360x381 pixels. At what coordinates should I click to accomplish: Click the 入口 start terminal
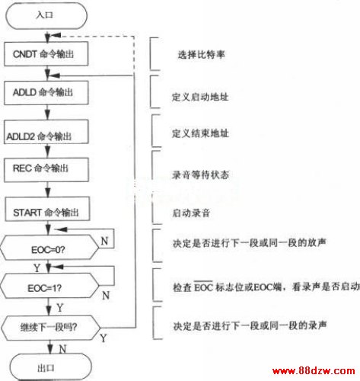point(46,16)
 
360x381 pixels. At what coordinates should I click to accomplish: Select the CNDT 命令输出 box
point(46,54)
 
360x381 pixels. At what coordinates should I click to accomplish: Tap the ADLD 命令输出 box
point(46,93)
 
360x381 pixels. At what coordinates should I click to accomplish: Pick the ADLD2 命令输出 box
point(46,132)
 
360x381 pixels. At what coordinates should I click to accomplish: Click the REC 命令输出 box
point(46,170)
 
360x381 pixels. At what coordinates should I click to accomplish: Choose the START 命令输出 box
point(47,209)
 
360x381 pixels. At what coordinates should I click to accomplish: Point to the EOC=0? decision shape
point(49,247)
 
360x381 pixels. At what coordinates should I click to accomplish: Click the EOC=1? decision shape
point(49,286)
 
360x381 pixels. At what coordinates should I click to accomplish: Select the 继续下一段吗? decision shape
point(50,328)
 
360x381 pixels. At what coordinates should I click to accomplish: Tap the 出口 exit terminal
point(50,367)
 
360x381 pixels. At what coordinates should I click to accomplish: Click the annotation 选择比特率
point(201,55)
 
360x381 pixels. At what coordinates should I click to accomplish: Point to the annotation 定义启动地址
point(200,97)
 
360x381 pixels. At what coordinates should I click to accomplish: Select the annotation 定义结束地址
point(200,133)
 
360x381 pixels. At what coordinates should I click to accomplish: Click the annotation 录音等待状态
point(200,174)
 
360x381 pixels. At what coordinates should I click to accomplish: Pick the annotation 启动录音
point(191,213)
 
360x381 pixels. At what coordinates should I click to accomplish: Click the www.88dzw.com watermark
point(314,371)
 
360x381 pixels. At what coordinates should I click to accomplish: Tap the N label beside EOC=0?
point(104,241)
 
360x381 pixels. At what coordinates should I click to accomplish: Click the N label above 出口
point(62,349)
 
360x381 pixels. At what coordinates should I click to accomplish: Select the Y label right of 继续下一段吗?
point(104,338)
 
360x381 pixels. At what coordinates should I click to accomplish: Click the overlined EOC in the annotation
point(203,287)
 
